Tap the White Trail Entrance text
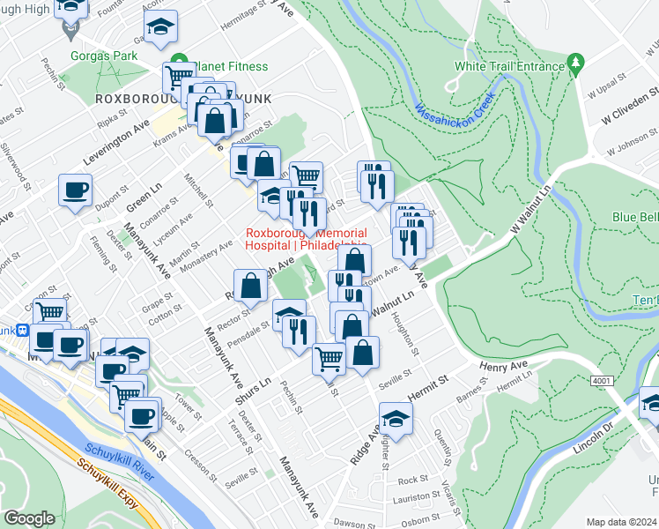508,66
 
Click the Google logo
29,518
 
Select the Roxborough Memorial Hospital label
306,240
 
